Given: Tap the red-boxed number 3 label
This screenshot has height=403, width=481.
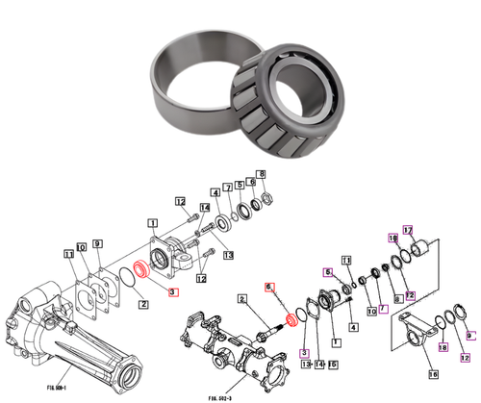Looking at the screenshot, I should [x=173, y=291].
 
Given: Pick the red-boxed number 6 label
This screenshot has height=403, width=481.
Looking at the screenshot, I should [x=270, y=287].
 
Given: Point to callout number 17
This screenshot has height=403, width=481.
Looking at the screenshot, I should [x=407, y=230].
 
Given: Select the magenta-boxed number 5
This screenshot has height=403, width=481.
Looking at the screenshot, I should [x=328, y=272].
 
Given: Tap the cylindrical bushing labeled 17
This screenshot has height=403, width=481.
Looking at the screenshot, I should [x=419, y=252].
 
